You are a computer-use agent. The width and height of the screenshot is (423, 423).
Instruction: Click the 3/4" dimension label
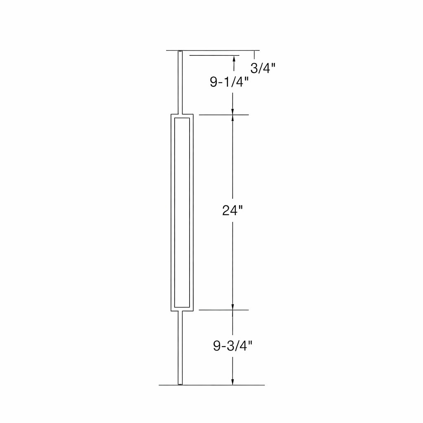[263, 68]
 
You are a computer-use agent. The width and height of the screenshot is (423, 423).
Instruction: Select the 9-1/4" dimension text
[229, 82]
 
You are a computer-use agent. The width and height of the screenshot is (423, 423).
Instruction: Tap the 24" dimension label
[233, 210]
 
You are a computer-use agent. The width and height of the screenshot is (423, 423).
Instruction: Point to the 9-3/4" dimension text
[233, 346]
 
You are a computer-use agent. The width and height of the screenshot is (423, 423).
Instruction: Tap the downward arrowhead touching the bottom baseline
[233, 381]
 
